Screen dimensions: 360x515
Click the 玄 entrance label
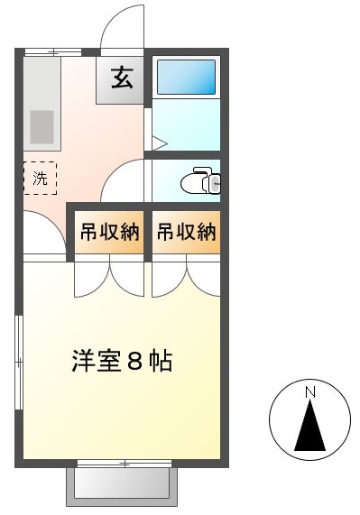click(122, 78)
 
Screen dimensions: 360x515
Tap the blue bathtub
click(186, 78)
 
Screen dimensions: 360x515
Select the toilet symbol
click(200, 180)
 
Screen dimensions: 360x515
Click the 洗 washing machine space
click(40, 178)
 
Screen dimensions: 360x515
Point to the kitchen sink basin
click(42, 127)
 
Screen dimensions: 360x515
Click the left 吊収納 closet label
click(110, 232)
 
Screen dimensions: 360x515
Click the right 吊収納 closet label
click(186, 232)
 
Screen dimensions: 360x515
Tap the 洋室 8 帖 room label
click(122, 361)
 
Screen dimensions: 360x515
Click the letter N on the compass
click(310, 392)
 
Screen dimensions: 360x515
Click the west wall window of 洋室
click(19, 363)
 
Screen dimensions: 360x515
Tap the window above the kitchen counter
click(53, 52)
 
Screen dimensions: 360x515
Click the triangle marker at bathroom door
click(160, 143)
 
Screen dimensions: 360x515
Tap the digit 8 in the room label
click(134, 361)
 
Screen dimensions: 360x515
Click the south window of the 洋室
click(125, 464)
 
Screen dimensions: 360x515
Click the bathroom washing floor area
click(186, 124)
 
